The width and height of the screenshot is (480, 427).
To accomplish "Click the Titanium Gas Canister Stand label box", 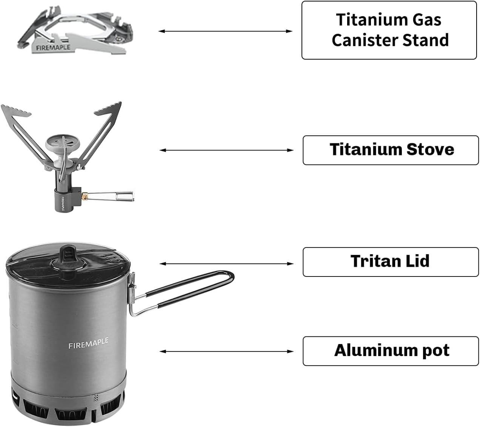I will point(389,30).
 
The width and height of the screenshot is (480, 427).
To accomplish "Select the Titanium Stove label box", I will point(391,150).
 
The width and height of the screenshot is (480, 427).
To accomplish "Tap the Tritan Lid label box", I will point(391,262).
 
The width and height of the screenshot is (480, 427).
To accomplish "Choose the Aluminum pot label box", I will point(391,351).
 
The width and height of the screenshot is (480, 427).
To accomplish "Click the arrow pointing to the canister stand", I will point(226,31).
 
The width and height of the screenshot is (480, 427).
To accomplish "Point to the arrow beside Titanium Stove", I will point(226,150).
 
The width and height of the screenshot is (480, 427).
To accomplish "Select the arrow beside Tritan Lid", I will point(226,264).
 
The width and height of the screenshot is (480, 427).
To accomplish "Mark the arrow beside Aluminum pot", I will point(226,351).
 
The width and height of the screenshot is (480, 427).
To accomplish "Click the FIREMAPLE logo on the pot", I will point(88,344).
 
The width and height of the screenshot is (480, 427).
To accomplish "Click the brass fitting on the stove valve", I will point(86,196).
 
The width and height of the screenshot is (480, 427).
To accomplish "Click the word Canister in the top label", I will point(364,40).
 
